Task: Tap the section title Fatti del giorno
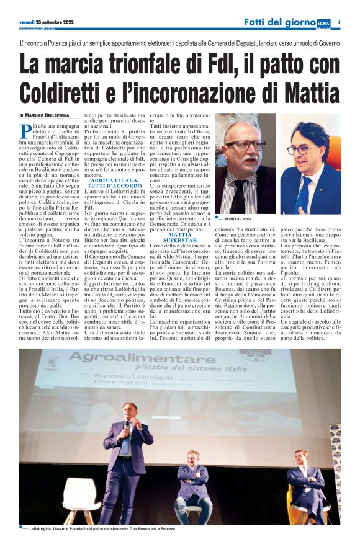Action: click(x=279, y=23)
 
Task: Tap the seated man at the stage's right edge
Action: click(x=306, y=484)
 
